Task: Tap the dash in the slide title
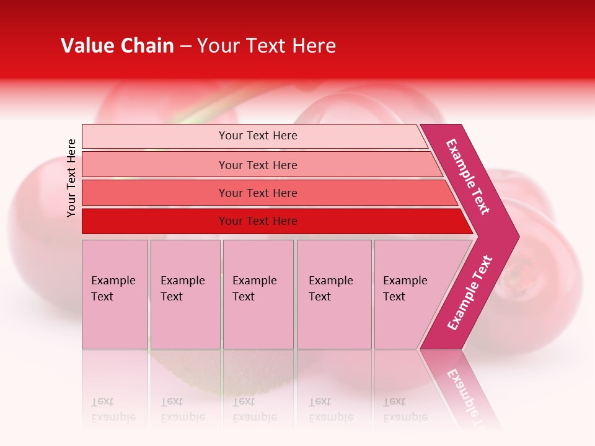click(x=185, y=46)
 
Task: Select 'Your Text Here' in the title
click(x=267, y=46)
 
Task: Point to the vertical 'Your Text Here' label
click(x=71, y=178)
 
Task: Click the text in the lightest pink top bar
click(x=258, y=136)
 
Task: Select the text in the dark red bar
click(x=258, y=221)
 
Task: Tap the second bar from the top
click(x=258, y=165)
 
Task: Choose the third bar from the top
click(x=258, y=193)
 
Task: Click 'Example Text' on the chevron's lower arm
click(x=470, y=292)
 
